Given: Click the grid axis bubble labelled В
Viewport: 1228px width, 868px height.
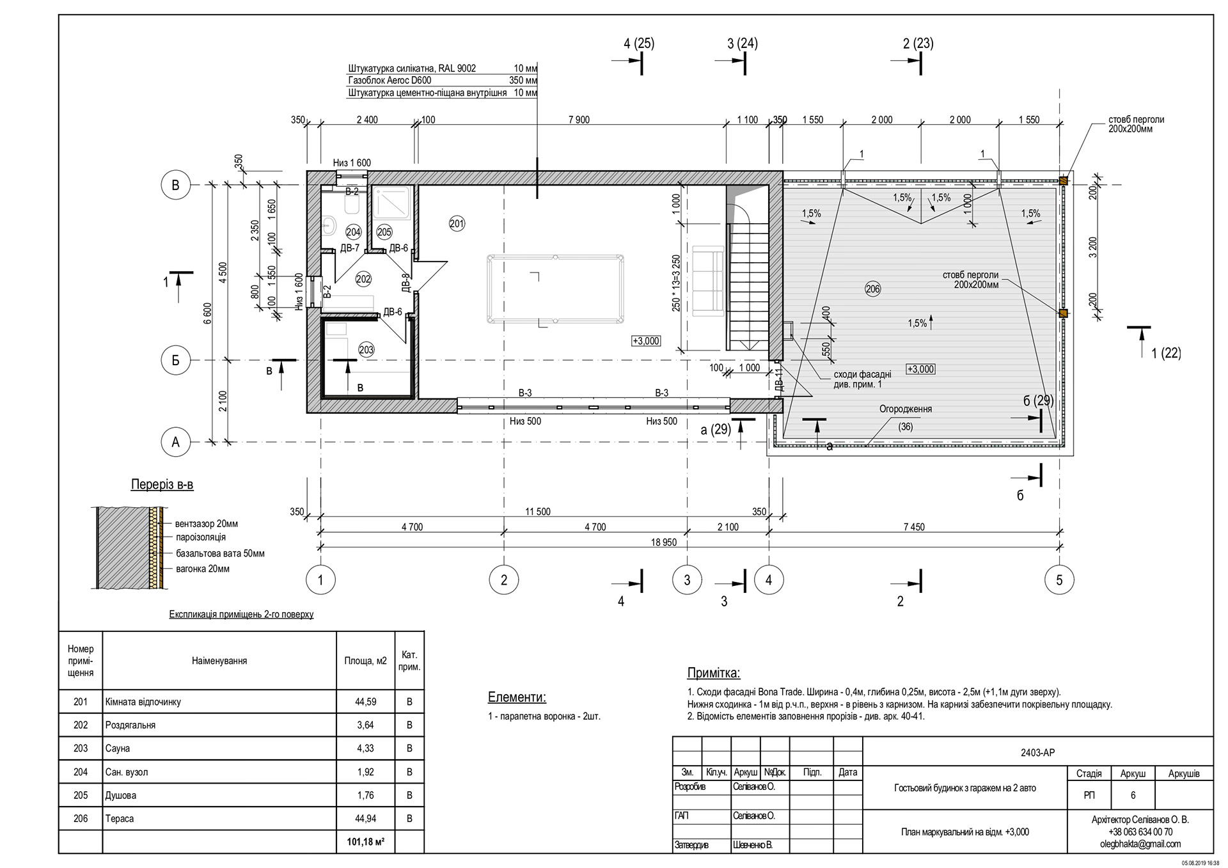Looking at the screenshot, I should (x=175, y=185).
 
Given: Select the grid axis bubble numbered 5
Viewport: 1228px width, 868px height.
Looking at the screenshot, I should (x=1059, y=580).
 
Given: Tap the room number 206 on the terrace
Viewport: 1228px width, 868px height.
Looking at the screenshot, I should (x=872, y=289).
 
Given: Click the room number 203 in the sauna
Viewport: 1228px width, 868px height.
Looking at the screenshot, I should (x=366, y=350).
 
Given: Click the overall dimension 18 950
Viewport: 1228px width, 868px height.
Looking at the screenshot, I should (x=663, y=542).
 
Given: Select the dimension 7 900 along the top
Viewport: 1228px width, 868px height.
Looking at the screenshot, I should (x=578, y=120).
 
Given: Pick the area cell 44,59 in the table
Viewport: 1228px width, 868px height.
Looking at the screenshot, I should (x=365, y=702).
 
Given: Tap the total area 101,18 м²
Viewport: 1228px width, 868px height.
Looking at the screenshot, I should (x=365, y=842).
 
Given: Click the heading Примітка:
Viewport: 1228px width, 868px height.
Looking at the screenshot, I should (x=713, y=673).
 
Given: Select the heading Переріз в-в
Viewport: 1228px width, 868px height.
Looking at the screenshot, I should (x=162, y=485).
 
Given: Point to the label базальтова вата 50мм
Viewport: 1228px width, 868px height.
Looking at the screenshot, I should (x=220, y=553).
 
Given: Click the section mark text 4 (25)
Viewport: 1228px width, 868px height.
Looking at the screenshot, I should (x=639, y=43).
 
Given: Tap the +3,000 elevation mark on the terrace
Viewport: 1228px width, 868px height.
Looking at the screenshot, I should (x=920, y=369).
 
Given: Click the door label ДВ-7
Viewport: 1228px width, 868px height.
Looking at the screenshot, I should (x=349, y=248).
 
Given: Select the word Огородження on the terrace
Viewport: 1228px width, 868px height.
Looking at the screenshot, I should (x=905, y=409).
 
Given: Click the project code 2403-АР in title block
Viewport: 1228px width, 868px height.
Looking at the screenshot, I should (x=1037, y=753).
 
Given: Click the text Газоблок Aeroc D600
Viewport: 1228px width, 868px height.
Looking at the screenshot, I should (x=390, y=81).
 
